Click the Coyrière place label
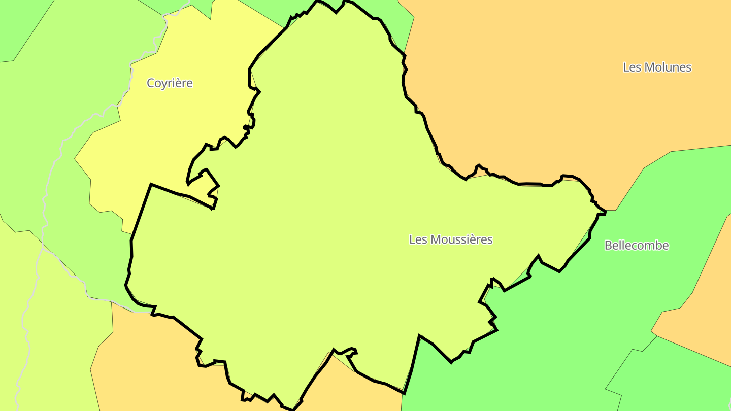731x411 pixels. [170, 83]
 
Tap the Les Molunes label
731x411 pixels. [657, 67]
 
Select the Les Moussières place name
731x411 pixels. [451, 239]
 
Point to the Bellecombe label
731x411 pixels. [637, 246]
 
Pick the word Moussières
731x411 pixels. [461, 239]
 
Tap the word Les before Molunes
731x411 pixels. [632, 67]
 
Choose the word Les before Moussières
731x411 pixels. [418, 239]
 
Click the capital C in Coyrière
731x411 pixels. [151, 83]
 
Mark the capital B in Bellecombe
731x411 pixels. [608, 246]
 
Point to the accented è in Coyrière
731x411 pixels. [181, 83]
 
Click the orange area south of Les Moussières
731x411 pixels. [152, 365]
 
